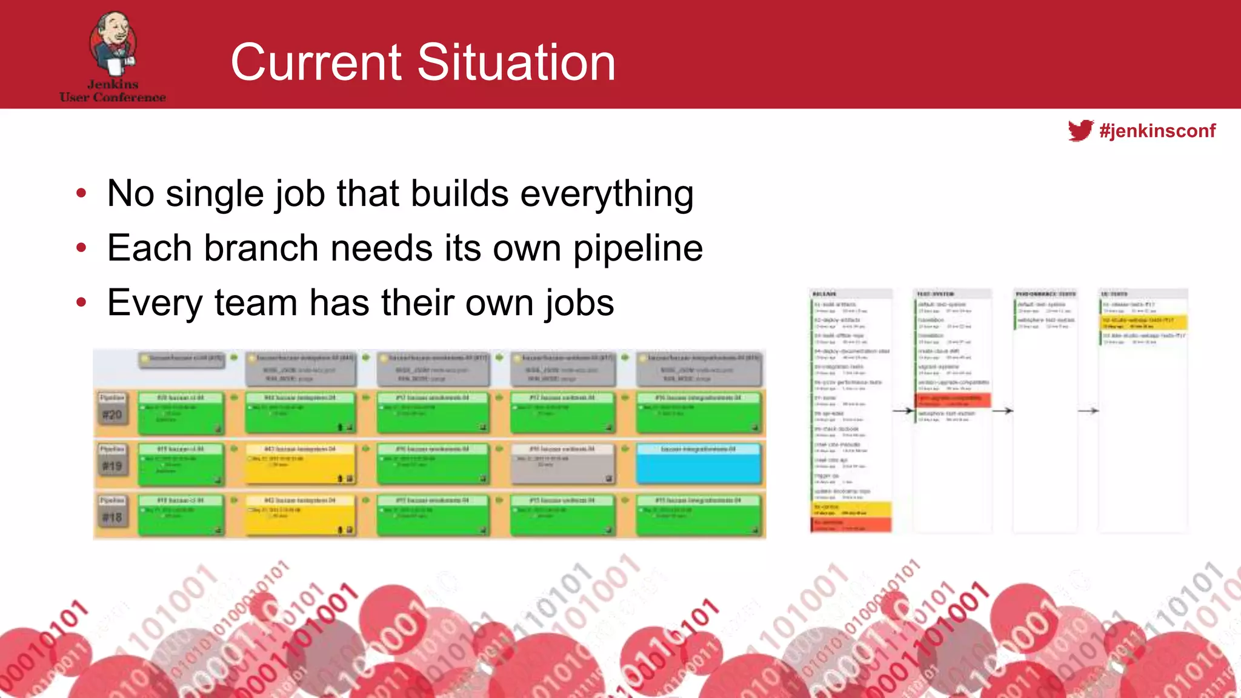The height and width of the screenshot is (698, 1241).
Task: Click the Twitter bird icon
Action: click(x=1080, y=130)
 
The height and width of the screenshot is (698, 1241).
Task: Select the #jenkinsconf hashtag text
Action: click(x=1157, y=131)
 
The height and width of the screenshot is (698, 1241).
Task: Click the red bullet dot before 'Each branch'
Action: click(x=81, y=248)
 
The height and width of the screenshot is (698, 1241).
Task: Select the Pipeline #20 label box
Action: click(x=112, y=408)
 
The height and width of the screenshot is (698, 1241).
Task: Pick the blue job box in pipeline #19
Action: click(x=698, y=464)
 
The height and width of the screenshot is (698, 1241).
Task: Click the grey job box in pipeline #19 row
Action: click(x=562, y=464)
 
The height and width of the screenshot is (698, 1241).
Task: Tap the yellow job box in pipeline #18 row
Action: click(x=300, y=515)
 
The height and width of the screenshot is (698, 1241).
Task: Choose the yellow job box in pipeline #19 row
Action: click(x=300, y=464)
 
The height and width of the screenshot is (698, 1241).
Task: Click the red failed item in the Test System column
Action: click(x=953, y=401)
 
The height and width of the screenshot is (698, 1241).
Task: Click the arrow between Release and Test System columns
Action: click(x=903, y=411)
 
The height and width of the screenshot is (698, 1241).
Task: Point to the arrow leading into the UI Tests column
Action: click(x=1088, y=411)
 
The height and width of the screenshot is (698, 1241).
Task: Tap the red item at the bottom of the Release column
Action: click(x=851, y=525)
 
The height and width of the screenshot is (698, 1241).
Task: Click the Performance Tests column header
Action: click(x=1045, y=294)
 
